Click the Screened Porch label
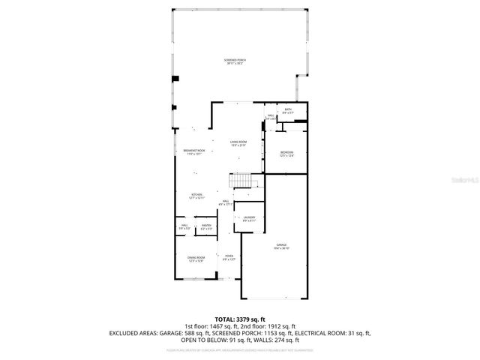(x=236, y=61)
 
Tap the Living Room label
(x=238, y=143)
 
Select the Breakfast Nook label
(x=194, y=152)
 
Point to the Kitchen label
(x=196, y=196)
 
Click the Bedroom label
(x=287, y=154)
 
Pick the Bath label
(x=287, y=111)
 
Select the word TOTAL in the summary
(x=226, y=319)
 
